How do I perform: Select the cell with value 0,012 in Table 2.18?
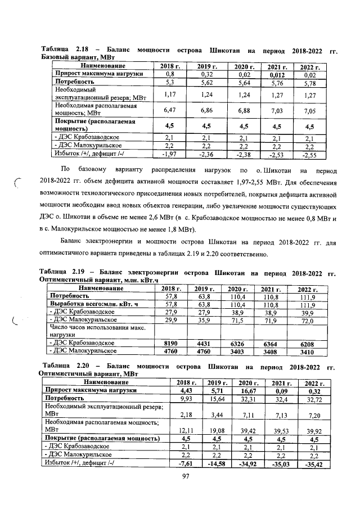pyautogui.click(x=276, y=74)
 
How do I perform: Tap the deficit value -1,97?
pyautogui.click(x=170, y=155)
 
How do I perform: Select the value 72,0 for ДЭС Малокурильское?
pyautogui.click(x=304, y=319)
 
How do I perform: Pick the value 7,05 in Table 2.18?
pyautogui.click(x=309, y=111)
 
